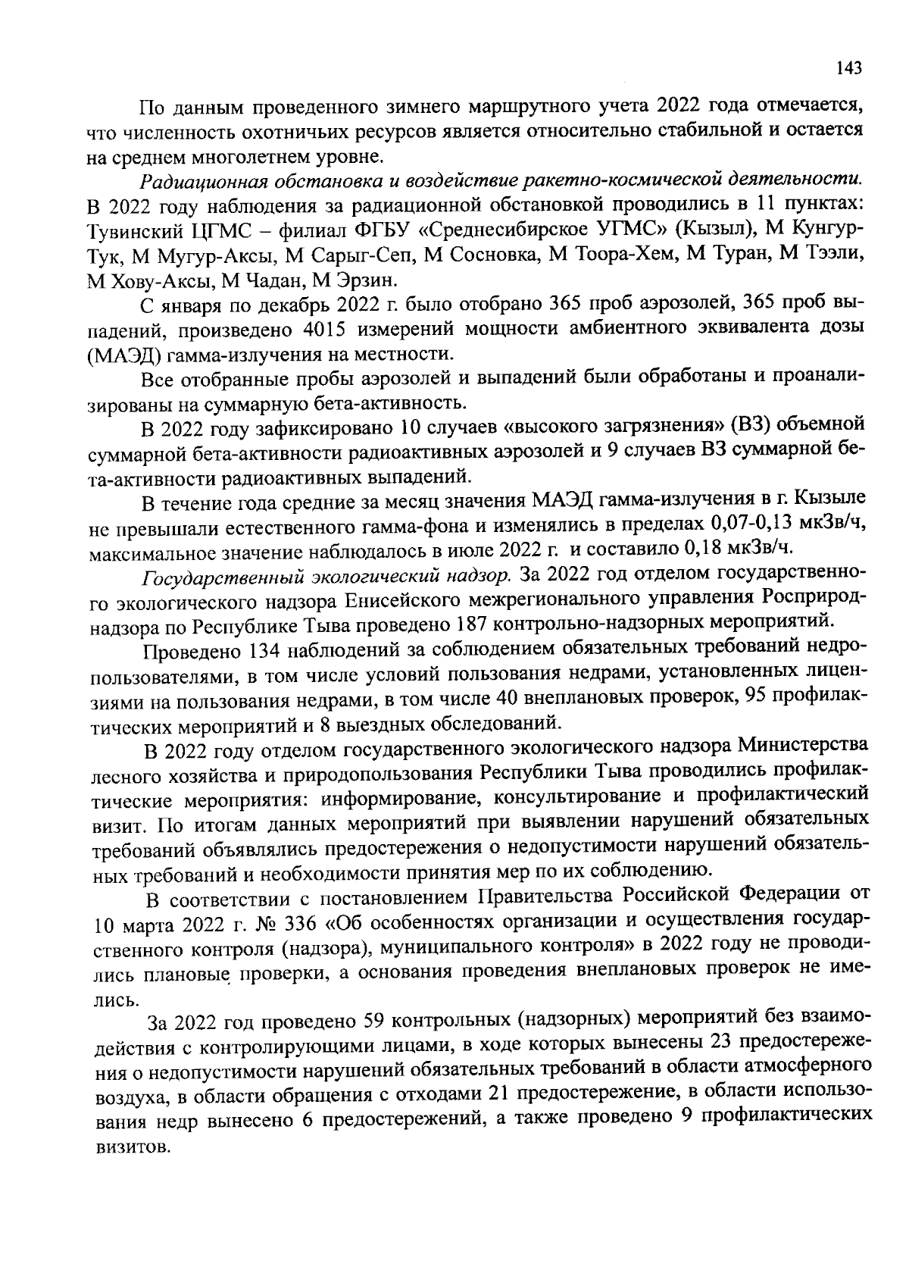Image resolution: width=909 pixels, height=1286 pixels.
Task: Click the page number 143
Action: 849,69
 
